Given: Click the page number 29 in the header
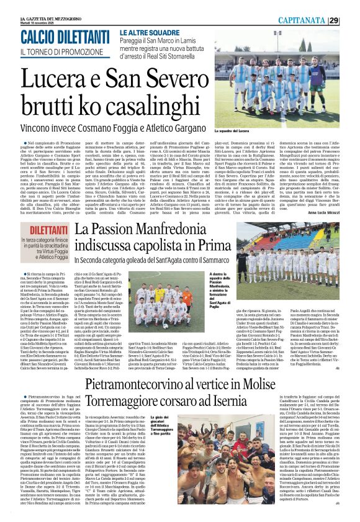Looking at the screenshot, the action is [x=351, y=20].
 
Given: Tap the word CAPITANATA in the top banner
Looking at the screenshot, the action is [x=318, y=20].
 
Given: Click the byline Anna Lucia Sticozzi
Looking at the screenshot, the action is [x=333, y=212].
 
